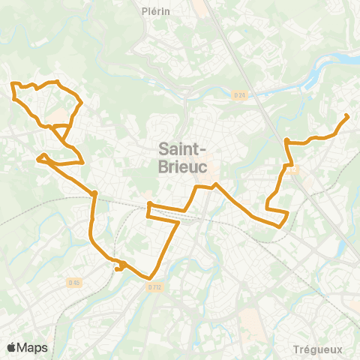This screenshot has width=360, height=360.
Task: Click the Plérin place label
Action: pos(156,11)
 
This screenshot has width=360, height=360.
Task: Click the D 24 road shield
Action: pos(239,94)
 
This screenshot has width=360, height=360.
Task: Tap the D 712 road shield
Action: pos(154,286)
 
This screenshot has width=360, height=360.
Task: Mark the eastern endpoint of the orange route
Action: pos(346,115)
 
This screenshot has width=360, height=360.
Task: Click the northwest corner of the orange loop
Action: pos(13,85)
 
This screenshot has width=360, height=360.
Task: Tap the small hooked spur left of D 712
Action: pos(118,267)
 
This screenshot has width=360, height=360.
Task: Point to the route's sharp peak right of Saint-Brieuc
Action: pos(216,184)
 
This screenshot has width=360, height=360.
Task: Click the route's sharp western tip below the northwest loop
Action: pos(37,158)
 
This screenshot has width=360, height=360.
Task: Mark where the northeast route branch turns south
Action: pos(287,140)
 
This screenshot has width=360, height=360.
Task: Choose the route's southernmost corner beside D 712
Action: pos(151,277)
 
